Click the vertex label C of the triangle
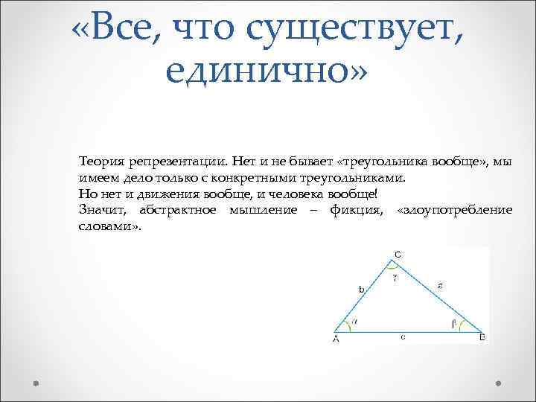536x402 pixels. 398,255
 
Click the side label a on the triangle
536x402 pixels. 441,284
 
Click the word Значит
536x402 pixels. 105,210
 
